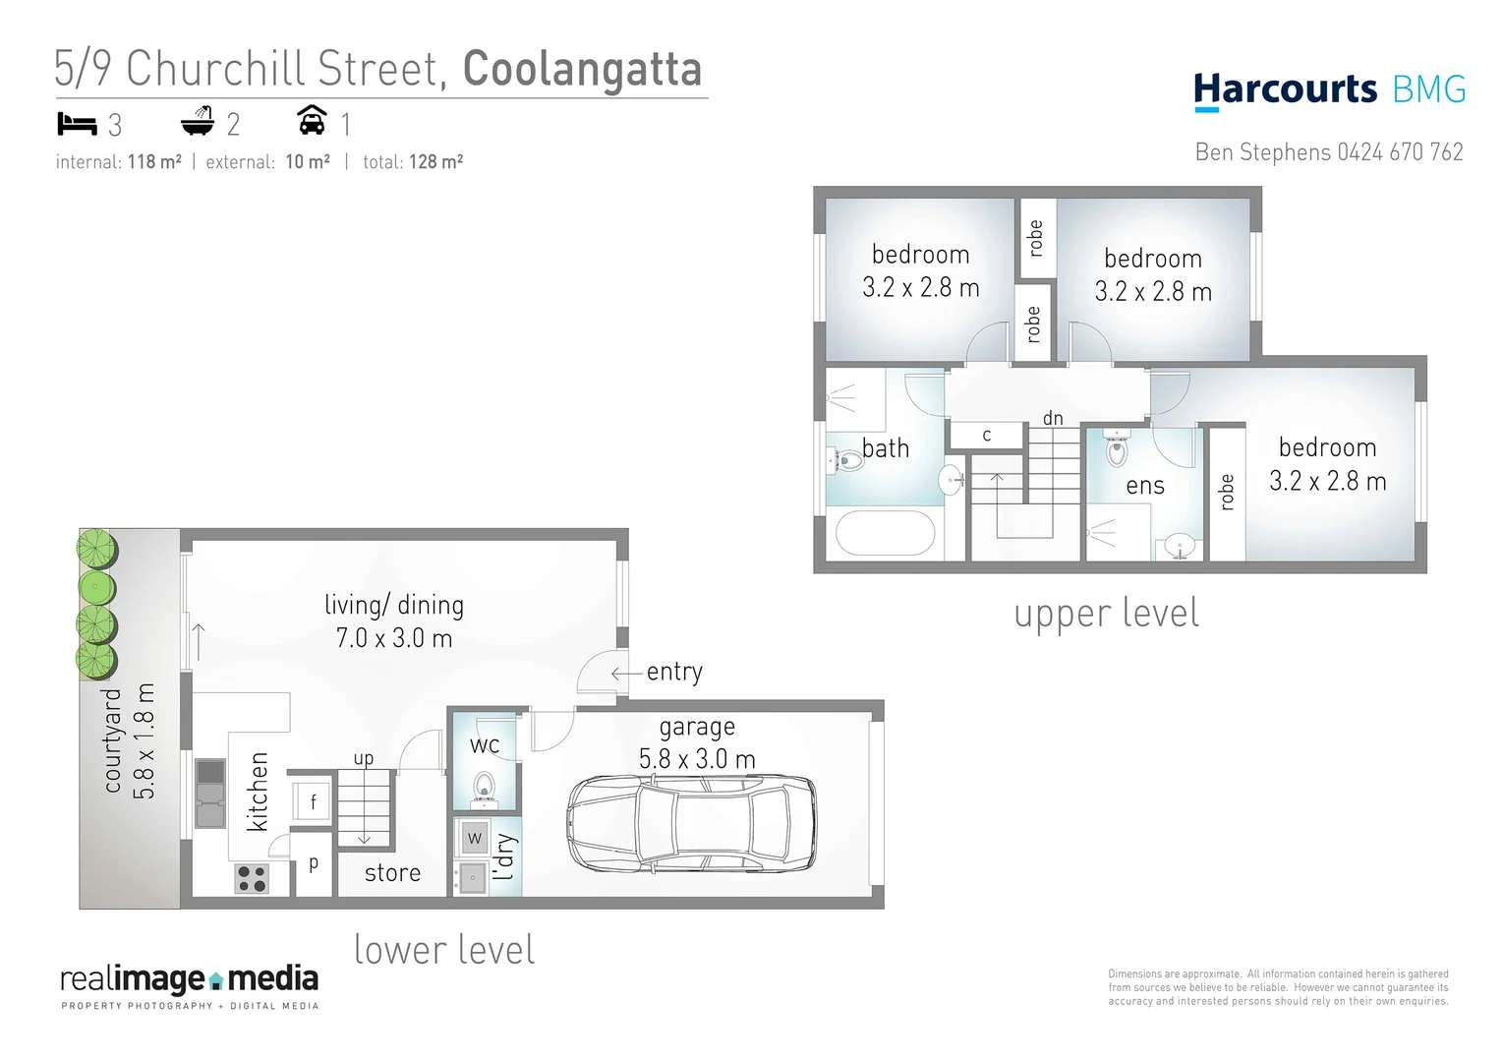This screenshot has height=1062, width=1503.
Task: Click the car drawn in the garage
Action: tap(692, 824)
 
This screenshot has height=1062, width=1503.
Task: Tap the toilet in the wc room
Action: tap(484, 788)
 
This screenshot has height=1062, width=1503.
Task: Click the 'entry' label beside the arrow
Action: tap(674, 672)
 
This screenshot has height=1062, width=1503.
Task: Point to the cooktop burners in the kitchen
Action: tap(252, 878)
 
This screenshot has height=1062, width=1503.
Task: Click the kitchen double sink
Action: tap(209, 794)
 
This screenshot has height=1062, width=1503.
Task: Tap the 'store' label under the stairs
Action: tap(392, 873)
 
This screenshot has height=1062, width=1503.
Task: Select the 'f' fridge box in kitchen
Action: tap(313, 801)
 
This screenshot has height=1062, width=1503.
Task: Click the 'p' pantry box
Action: tap(314, 864)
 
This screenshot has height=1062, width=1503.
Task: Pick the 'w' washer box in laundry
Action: tap(475, 838)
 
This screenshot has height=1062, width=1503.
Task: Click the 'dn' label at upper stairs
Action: tap(1053, 419)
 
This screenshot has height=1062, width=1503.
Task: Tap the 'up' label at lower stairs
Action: tap(364, 758)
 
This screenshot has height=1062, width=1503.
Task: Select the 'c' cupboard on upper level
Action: tap(987, 435)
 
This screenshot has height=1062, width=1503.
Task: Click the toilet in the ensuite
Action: tap(1117, 451)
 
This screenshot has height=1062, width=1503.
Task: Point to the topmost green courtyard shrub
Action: tap(98, 548)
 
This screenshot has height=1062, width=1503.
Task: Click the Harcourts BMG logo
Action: tap(1329, 90)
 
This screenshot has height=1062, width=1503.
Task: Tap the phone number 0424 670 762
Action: tap(1400, 152)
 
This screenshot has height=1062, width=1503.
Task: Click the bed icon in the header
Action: tap(77, 124)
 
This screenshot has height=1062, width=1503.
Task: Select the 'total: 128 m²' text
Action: tap(413, 162)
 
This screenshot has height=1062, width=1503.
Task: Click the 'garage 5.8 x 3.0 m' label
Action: tap(697, 743)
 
